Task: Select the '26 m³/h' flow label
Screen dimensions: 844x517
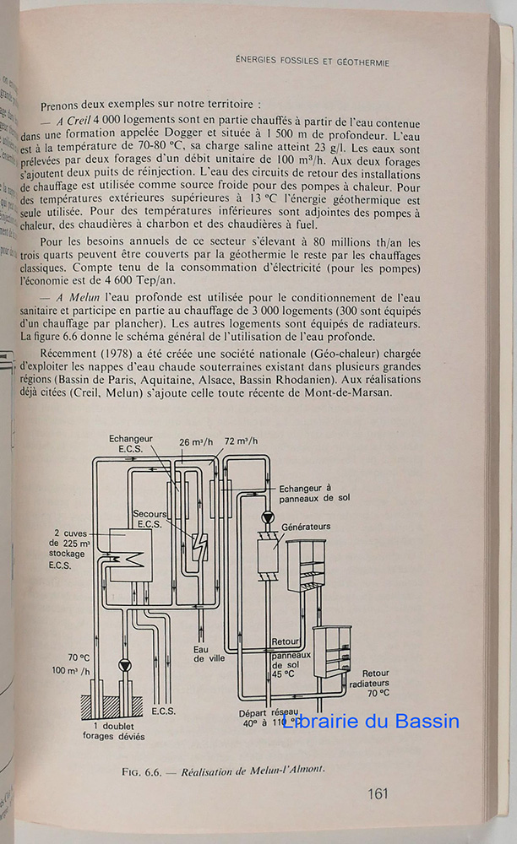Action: pyautogui.click(x=195, y=441)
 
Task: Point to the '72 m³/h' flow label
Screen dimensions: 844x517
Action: pyautogui.click(x=240, y=441)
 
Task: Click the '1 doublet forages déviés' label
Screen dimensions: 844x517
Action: pyautogui.click(x=121, y=730)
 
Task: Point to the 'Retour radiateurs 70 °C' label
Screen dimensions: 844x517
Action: pyautogui.click(x=365, y=679)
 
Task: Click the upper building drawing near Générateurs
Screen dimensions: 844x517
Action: pyautogui.click(x=306, y=565)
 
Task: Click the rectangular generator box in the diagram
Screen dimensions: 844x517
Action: pyautogui.click(x=270, y=557)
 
